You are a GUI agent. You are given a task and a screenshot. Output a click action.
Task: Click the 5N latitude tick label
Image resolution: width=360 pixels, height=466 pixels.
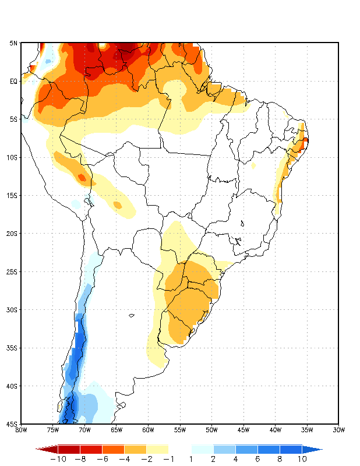13,43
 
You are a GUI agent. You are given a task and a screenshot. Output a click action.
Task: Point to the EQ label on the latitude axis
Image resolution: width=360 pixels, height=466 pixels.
13,81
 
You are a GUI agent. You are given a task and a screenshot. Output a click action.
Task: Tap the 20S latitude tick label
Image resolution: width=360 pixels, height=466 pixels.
12,234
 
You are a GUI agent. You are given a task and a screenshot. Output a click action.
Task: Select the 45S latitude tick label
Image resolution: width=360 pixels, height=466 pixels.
12,424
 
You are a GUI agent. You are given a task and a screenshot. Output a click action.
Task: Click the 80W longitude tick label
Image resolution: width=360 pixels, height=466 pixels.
21,430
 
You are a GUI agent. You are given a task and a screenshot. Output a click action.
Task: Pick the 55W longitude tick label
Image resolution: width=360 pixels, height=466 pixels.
179,430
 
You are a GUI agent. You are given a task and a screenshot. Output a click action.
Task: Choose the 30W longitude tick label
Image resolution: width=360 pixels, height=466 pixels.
338,430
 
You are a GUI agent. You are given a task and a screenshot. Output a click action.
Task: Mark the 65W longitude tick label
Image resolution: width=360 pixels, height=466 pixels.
116,430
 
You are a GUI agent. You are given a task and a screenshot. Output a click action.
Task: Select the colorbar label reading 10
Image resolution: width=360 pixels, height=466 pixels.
302,459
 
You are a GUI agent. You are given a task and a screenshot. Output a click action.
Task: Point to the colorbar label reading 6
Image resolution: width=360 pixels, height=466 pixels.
257,459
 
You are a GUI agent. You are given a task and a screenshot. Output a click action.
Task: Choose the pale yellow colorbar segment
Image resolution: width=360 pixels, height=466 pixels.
157,449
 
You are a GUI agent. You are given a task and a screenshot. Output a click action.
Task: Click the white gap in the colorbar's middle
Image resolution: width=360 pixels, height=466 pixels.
179,449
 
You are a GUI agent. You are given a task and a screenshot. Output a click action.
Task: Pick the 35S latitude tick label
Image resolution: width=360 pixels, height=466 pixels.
12,348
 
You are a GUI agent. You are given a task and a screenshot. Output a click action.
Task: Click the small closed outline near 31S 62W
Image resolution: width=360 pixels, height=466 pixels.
132,316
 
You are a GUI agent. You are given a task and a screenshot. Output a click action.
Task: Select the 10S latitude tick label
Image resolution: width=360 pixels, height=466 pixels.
12,157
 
